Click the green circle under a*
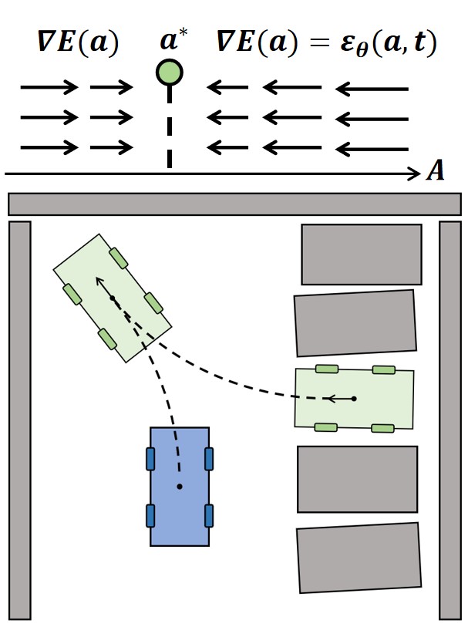169,73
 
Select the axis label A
436,171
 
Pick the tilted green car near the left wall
113,298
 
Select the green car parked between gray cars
354,399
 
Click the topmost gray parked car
361,255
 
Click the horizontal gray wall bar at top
234,204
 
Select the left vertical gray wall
20,420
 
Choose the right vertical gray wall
449,420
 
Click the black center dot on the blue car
180,486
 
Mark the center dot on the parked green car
354,399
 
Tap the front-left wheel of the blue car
150,458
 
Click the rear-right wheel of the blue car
208,514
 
